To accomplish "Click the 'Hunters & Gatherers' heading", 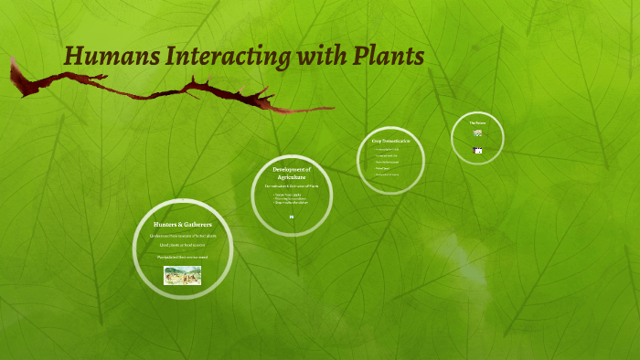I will pos(183,224).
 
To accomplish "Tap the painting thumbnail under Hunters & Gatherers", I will pos(183,275).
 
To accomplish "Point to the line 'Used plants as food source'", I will pos(183,245).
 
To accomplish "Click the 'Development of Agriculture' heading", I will pos(293,173).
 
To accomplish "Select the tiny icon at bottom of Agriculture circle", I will pos(292,217).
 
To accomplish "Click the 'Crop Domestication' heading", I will pos(390,141).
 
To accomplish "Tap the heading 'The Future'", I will pos(477,122).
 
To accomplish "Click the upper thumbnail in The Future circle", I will pos(477,133).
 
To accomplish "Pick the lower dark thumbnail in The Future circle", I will pos(477,150).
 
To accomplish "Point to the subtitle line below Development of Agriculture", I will pos(293,186).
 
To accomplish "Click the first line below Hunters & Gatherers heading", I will pos(183,236).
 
